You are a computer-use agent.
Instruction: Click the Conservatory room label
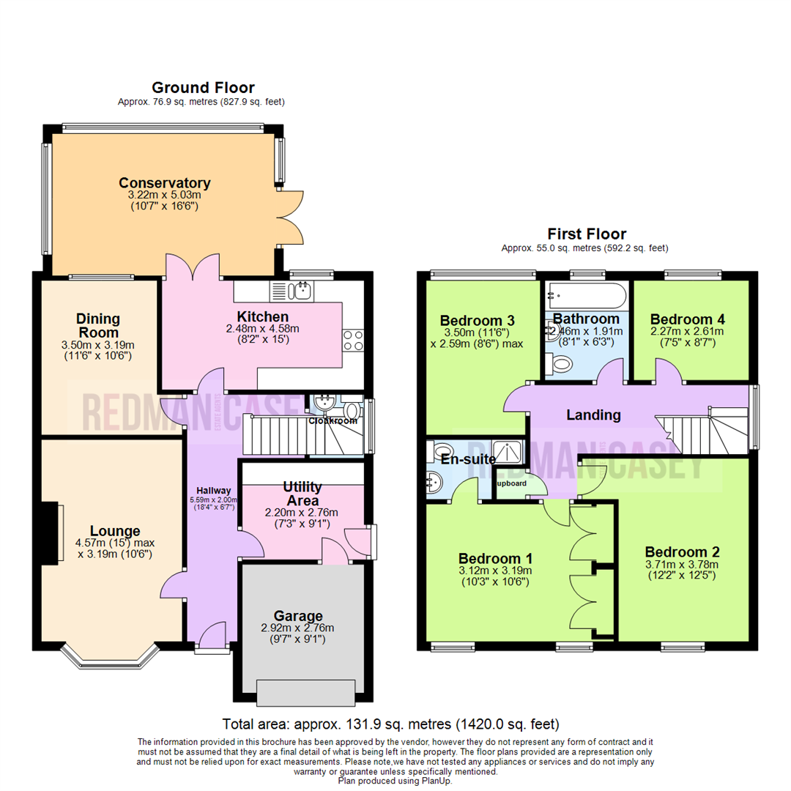(x=165, y=183)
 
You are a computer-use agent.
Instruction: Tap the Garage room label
(x=298, y=616)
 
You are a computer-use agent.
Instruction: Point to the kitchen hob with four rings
(x=352, y=340)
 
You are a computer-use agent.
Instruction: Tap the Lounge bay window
(x=109, y=657)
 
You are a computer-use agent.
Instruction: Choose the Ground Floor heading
(x=202, y=88)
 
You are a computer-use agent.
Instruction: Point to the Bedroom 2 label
(x=682, y=552)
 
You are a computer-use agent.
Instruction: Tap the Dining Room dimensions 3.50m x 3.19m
(x=97, y=346)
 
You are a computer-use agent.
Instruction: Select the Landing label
(x=593, y=415)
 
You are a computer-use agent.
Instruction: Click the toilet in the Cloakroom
(x=352, y=410)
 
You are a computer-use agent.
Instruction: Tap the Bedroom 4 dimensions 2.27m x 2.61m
(x=687, y=331)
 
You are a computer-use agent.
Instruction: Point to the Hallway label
(x=213, y=491)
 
